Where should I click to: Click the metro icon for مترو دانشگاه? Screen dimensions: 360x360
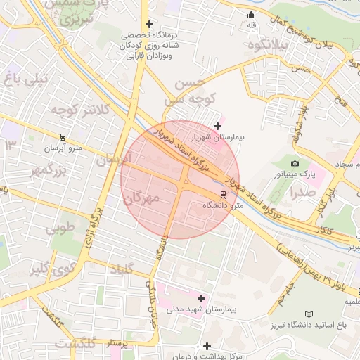click(223, 194)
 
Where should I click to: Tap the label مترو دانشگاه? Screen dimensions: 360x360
click(223, 205)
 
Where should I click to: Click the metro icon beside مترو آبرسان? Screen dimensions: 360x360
click(63, 137)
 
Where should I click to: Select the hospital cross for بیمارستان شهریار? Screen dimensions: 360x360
click(217, 126)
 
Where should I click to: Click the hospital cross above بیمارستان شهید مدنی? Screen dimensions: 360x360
click(202, 298)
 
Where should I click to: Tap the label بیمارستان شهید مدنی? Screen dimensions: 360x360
click(202, 309)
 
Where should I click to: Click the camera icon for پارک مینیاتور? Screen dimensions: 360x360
click(295, 163)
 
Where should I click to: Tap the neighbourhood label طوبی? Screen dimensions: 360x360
click(60, 229)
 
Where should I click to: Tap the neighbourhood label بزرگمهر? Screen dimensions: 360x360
click(47, 171)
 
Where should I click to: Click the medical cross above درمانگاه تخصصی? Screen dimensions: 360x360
click(149, 24)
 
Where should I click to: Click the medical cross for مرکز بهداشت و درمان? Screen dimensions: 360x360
click(207, 346)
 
